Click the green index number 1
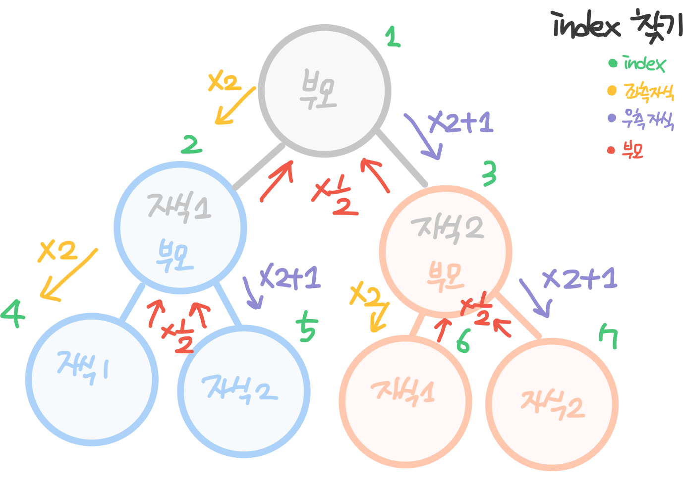tap(393, 37)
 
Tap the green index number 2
tap(191, 145)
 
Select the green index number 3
tap(489, 174)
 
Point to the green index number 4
tap(13, 313)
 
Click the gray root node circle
tap(325, 91)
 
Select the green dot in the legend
tap(613, 63)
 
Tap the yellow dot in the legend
tap(612, 91)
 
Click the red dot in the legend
tap(611, 150)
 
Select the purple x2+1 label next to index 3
tap(461, 122)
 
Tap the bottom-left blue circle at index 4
tap(92, 380)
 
